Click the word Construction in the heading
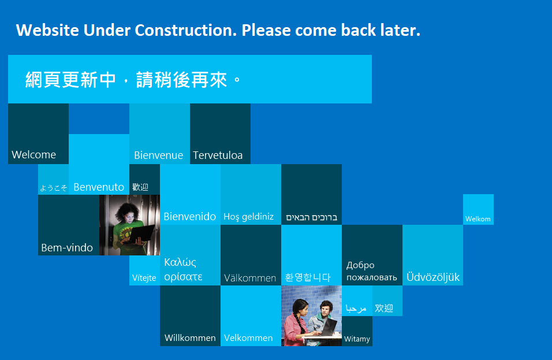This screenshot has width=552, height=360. (x=185, y=30)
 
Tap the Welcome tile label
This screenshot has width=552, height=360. (x=34, y=155)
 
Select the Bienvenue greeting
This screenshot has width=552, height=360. (x=158, y=155)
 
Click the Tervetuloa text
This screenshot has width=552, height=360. (x=218, y=155)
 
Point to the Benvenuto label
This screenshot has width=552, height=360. (x=99, y=187)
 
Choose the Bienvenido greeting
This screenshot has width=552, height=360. (x=190, y=216)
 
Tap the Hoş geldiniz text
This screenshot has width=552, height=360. (x=248, y=217)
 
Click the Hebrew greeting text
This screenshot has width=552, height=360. (x=312, y=217)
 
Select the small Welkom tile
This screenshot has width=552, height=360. (x=478, y=210)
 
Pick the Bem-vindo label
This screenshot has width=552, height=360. (x=67, y=248)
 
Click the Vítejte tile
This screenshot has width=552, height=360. (x=145, y=270)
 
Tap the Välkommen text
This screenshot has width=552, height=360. (x=250, y=278)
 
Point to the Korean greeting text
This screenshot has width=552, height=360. (x=308, y=277)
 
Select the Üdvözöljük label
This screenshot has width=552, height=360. (x=433, y=277)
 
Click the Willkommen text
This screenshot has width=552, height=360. (x=190, y=338)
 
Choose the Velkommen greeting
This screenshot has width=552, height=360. (x=248, y=338)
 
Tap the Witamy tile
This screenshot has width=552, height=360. (x=357, y=331)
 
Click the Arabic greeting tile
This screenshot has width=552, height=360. (x=357, y=301)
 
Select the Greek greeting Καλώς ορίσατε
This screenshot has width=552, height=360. (x=183, y=269)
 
